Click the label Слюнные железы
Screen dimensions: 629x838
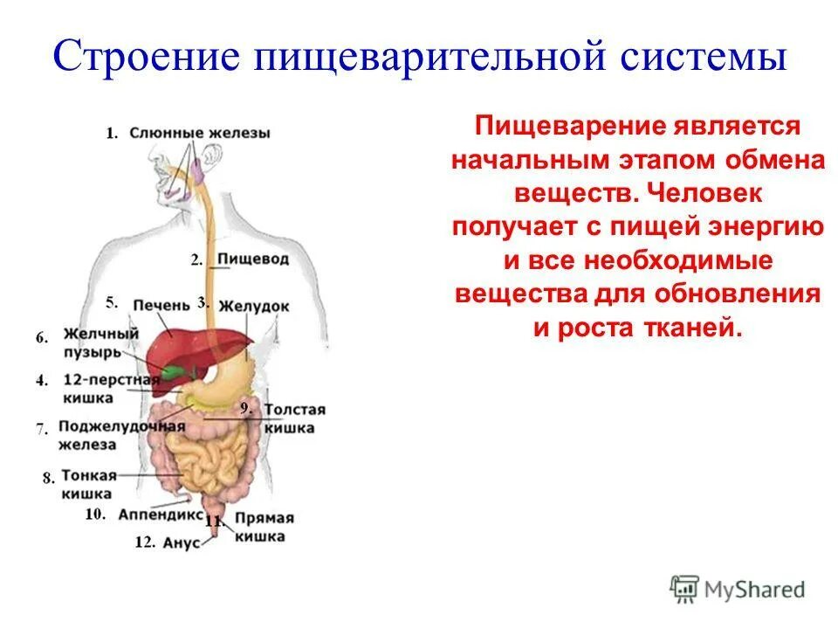[x=200, y=134]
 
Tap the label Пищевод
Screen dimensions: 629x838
[x=252, y=259]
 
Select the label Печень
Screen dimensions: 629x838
[x=161, y=304]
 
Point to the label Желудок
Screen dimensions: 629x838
[x=253, y=307]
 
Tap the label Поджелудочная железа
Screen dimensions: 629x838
[x=121, y=435]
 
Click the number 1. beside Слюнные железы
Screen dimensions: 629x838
[x=112, y=134]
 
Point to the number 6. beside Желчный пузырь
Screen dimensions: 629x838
[x=42, y=337]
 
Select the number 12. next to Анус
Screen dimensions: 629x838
[x=145, y=543]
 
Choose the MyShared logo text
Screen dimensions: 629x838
[x=755, y=590]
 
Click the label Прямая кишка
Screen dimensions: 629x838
[x=261, y=526]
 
